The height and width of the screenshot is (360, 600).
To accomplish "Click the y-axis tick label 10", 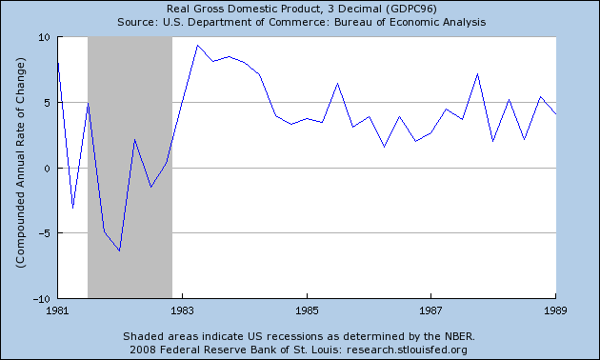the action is click(44, 37).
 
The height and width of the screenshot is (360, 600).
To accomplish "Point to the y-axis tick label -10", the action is click(42, 299).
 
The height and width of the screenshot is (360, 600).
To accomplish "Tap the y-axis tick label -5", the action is click(45, 233).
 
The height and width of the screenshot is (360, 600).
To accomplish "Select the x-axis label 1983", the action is click(183, 310).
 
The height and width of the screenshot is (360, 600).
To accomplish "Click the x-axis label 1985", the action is click(307, 310).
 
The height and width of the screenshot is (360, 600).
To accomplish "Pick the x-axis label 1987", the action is click(430, 310).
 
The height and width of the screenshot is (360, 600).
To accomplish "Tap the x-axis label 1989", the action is click(555, 310).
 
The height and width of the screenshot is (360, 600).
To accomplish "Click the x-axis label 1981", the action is click(58, 310).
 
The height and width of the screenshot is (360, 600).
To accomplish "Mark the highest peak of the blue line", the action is click(197, 45).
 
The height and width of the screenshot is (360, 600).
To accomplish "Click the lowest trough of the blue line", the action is click(120, 251).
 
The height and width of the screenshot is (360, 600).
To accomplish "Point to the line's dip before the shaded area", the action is click(72, 209).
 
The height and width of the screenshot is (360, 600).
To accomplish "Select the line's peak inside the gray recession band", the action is click(134, 139).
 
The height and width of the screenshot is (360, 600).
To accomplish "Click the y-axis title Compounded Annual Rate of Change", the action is click(20, 163).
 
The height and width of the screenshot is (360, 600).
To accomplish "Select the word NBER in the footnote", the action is click(460, 336).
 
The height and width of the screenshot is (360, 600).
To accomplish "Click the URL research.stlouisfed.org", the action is click(408, 350).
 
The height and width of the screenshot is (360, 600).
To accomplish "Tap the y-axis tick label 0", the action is click(48, 169).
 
